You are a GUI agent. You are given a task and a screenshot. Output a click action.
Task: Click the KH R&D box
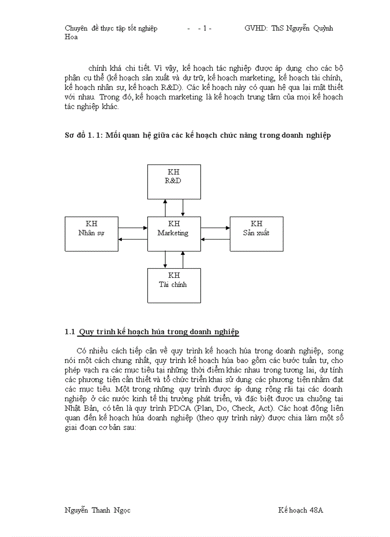click(174, 182)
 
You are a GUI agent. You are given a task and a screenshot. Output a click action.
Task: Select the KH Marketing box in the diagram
click(174, 233)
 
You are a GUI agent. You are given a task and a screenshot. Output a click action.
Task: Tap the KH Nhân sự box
click(91, 233)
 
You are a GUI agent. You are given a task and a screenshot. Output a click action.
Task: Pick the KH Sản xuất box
click(256, 233)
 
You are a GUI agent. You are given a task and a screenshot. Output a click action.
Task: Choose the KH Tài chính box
click(174, 285)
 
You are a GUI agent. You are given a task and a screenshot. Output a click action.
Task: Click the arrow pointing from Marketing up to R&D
click(165, 208)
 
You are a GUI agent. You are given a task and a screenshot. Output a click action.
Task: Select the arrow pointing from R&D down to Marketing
click(183, 208)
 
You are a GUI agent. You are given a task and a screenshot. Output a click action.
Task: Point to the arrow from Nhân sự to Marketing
click(133, 228)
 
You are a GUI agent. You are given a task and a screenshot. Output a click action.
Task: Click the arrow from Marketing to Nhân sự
click(133, 239)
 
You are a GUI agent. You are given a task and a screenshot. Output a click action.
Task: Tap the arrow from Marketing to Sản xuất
click(215, 228)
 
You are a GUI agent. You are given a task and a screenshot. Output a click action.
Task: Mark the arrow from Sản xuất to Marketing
click(215, 239)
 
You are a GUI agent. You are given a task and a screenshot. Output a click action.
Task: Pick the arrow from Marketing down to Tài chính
click(165, 259)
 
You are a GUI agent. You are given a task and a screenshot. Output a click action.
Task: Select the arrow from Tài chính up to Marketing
click(183, 259)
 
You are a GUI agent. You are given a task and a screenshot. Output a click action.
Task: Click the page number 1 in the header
click(205, 28)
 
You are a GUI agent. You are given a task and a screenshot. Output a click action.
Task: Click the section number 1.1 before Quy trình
click(70, 332)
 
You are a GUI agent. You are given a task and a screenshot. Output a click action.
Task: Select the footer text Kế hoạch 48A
click(301, 510)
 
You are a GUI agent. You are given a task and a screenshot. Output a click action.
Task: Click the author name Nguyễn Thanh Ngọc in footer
click(97, 510)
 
